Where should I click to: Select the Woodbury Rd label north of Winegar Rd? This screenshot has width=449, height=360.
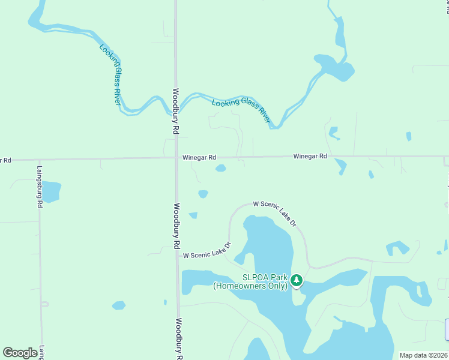coord(176,112)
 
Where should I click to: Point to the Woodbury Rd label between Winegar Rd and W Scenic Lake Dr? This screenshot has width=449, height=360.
coord(177,226)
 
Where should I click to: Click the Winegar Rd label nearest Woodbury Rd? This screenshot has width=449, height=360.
coord(199,157)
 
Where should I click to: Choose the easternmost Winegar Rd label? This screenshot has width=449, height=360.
coord(310,156)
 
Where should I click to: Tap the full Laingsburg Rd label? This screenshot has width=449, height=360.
coord(39,187)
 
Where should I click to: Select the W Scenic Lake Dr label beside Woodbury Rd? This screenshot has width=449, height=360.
coord(206,255)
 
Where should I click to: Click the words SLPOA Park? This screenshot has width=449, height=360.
coord(265,277)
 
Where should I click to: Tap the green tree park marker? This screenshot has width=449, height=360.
coord(296,280)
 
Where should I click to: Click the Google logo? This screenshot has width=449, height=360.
coord(20,353)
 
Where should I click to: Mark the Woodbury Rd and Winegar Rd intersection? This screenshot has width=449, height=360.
coord(175,158)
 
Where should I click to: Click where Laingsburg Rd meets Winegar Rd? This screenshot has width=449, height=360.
coord(40,160)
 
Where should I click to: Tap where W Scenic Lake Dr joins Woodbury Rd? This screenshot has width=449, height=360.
coord(178,254)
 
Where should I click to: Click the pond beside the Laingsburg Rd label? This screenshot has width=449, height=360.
coord(52,191)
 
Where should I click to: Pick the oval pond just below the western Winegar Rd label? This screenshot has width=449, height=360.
coord(221,168)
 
